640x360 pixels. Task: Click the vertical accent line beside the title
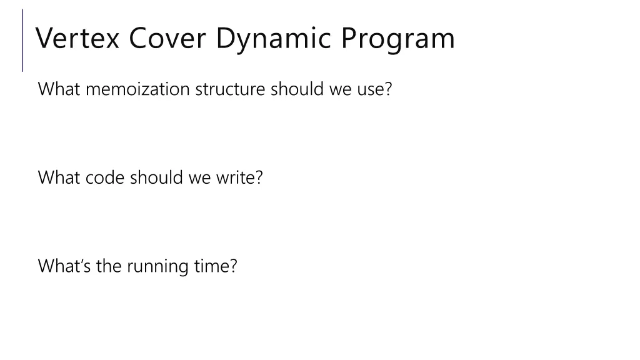click(x=23, y=40)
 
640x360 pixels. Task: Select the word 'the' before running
click(x=109, y=267)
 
